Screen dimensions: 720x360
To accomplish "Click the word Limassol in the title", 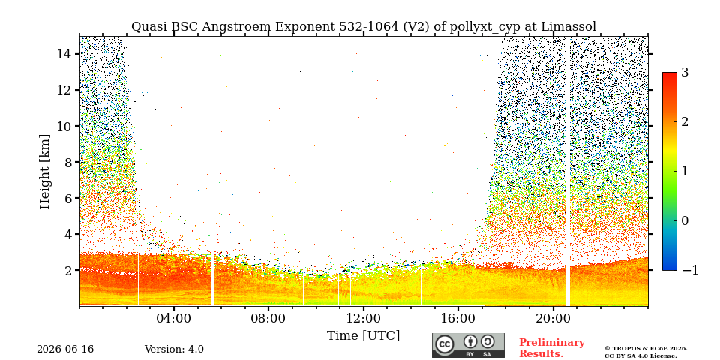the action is click(x=568, y=27).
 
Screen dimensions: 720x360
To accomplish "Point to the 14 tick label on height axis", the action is click(x=64, y=54).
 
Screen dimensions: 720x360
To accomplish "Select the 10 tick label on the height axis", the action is click(x=64, y=126).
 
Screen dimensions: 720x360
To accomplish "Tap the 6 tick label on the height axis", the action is click(x=68, y=198).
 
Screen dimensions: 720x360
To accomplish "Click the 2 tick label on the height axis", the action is click(x=68, y=270).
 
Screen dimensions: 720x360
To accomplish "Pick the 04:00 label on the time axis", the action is click(x=174, y=318).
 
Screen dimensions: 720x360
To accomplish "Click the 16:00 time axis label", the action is click(x=458, y=318).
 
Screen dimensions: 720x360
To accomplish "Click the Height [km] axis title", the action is click(x=44, y=172).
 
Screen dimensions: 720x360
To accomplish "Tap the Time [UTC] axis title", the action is click(x=363, y=336).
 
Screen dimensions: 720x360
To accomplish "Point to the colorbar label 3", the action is click(x=685, y=72).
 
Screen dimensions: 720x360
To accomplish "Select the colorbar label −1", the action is click(x=690, y=270).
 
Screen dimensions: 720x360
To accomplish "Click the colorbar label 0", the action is click(x=685, y=220).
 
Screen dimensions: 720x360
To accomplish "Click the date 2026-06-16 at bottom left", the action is click(x=65, y=349).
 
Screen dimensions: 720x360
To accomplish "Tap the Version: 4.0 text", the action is click(x=174, y=349).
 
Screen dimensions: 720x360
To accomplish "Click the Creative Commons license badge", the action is click(x=468, y=345).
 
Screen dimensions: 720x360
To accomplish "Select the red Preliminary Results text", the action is click(x=552, y=347).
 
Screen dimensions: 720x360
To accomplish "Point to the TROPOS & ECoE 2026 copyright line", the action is click(x=646, y=349).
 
